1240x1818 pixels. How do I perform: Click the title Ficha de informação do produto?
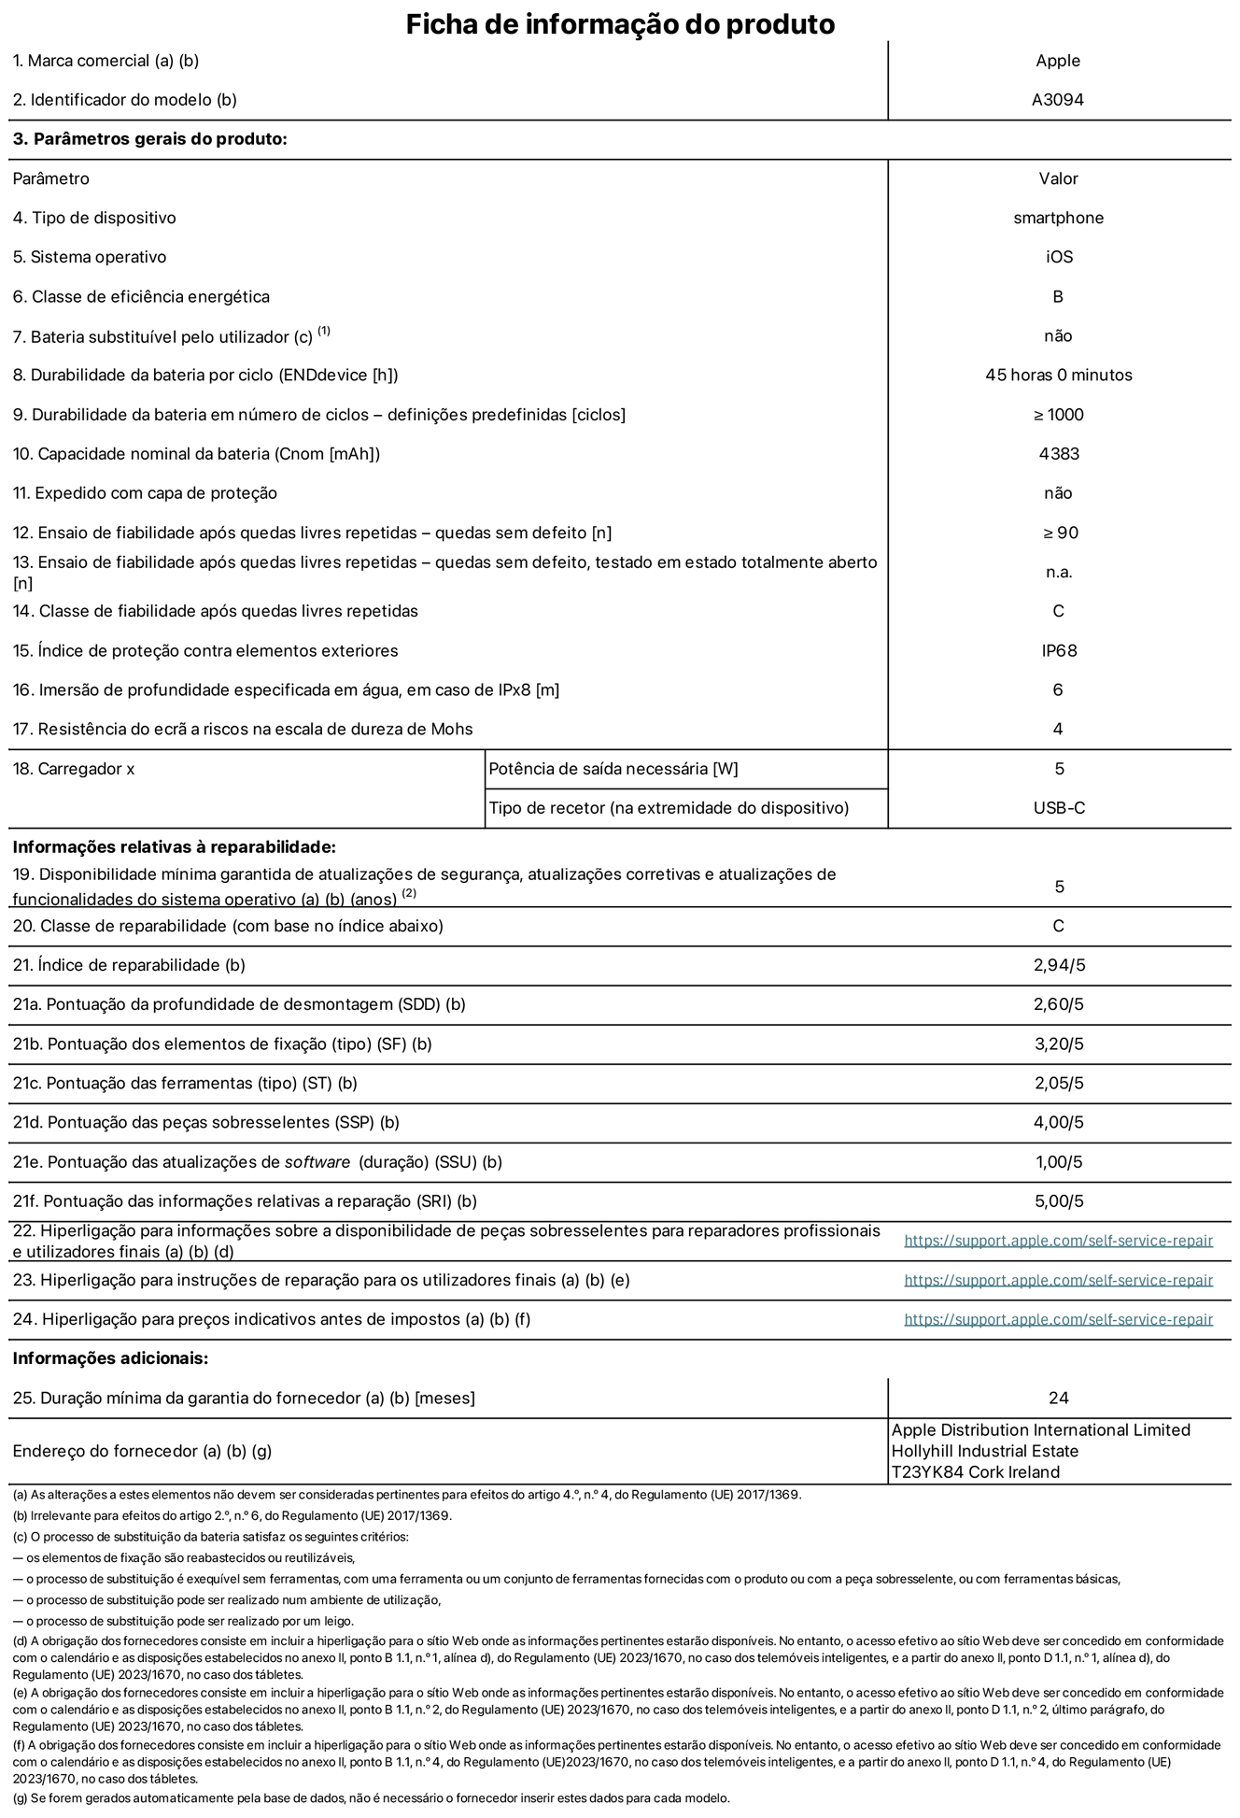pyautogui.click(x=619, y=24)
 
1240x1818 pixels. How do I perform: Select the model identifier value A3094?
pyautogui.click(x=1057, y=100)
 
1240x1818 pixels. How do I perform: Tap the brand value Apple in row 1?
pyautogui.click(x=1057, y=61)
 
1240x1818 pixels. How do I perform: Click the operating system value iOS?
pyautogui.click(x=1059, y=257)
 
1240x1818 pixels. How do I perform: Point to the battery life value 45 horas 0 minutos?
pyautogui.click(x=1058, y=375)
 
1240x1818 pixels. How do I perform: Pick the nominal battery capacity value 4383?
pyautogui.click(x=1058, y=454)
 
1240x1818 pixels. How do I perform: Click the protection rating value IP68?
pyautogui.click(x=1059, y=650)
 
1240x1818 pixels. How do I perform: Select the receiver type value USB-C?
pyautogui.click(x=1059, y=808)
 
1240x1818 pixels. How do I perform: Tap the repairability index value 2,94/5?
pyautogui.click(x=1059, y=965)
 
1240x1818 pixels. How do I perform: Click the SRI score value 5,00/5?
pyautogui.click(x=1059, y=1201)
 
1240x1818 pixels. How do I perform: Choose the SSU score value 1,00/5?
pyautogui.click(x=1059, y=1162)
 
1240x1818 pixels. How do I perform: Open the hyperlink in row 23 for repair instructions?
pyautogui.click(x=1058, y=1280)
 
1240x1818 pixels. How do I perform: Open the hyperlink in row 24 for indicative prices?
pyautogui.click(x=1058, y=1319)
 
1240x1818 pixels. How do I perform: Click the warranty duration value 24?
pyautogui.click(x=1058, y=1398)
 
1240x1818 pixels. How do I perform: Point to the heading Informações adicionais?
pyautogui.click(x=110, y=1358)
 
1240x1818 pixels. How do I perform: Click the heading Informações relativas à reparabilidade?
pyautogui.click(x=174, y=847)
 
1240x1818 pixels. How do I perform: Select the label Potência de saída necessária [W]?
pyautogui.click(x=613, y=769)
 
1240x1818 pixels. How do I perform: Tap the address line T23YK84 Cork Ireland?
pyautogui.click(x=975, y=1472)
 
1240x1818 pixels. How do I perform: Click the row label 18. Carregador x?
pyautogui.click(x=74, y=769)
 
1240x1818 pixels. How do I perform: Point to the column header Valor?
pyautogui.click(x=1058, y=178)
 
